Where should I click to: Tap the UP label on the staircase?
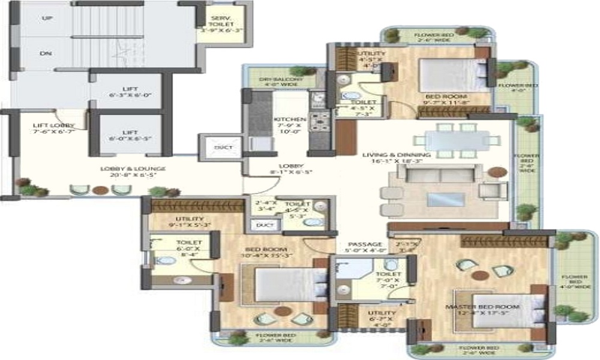tap(46, 19)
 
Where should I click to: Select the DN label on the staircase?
tap(46, 53)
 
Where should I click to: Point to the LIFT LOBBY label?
tap(53, 125)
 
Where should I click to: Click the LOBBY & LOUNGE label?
tap(133, 169)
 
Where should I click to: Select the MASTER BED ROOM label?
tap(482, 307)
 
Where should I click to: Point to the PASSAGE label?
tap(365, 244)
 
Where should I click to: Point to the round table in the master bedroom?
tap(479, 275)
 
